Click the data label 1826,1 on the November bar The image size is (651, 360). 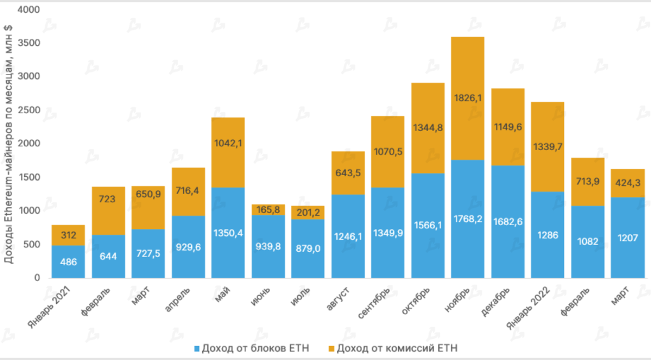tap(467, 99)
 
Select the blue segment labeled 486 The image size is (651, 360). tap(69, 261)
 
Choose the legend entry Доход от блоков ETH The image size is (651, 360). tap(252, 348)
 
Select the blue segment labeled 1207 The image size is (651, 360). tap(627, 237)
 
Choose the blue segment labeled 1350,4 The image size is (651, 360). tap(228, 232)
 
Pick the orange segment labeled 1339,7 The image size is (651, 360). tap(547, 146)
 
